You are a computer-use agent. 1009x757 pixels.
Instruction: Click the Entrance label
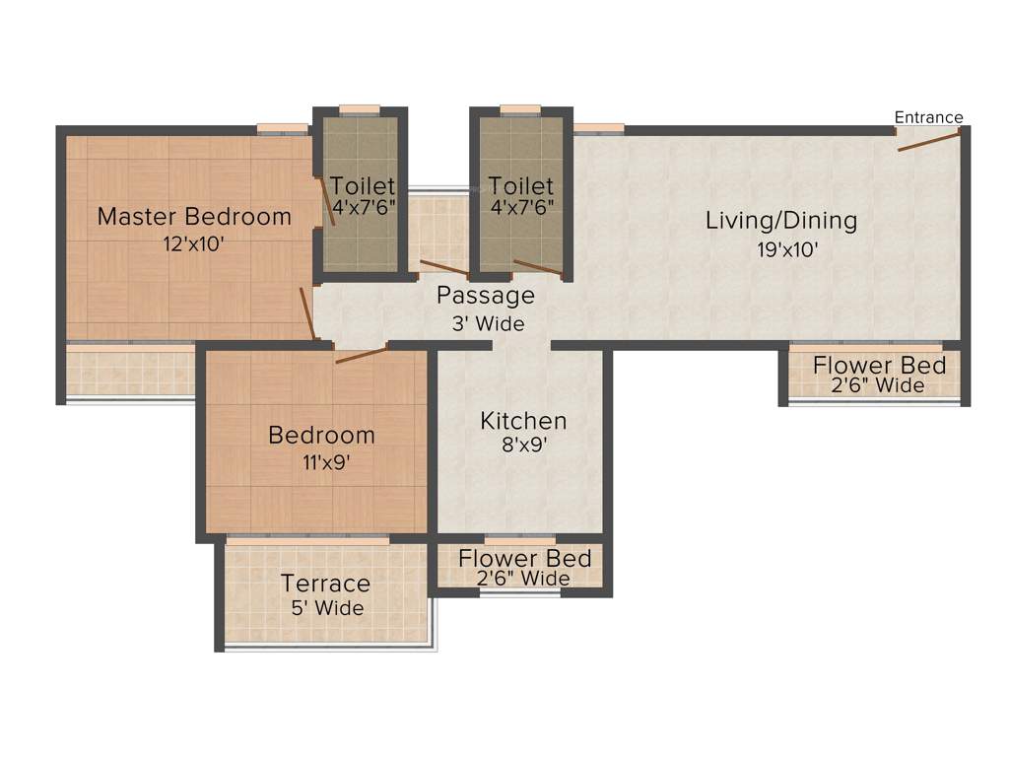click(928, 117)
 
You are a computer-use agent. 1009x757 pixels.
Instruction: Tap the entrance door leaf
click(928, 142)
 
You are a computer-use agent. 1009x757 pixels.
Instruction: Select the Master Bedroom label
click(194, 216)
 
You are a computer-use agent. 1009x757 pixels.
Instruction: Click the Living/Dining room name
click(781, 220)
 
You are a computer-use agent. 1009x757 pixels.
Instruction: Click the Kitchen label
click(523, 421)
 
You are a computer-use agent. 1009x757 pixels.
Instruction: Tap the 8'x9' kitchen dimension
click(523, 446)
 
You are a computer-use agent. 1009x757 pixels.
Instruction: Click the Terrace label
click(325, 583)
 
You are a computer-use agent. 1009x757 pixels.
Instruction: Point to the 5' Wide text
click(327, 608)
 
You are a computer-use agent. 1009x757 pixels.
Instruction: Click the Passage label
click(486, 295)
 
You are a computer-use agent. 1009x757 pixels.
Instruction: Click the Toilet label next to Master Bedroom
click(362, 185)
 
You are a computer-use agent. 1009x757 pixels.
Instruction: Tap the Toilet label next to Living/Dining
click(521, 185)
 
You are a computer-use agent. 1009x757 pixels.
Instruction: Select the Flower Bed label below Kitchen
click(524, 559)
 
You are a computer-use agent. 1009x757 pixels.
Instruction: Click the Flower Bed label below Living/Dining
click(879, 366)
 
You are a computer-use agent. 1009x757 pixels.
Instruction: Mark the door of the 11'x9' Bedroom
click(362, 355)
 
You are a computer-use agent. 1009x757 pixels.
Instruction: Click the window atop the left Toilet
click(360, 109)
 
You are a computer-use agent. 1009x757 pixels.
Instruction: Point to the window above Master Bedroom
click(283, 128)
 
